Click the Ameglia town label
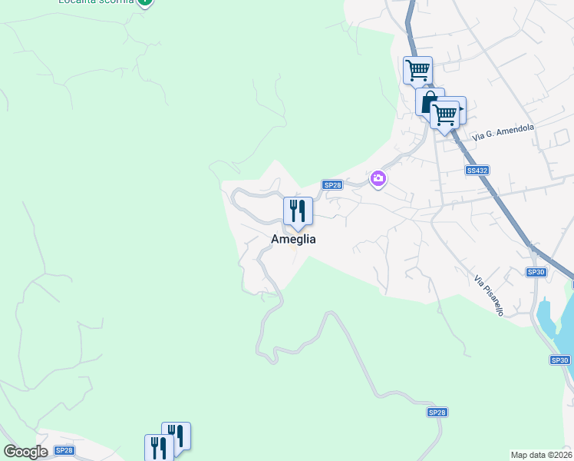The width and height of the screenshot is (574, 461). (293, 239)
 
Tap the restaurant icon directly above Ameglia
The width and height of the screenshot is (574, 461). (298, 211)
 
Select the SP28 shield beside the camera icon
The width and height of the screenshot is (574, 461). (332, 184)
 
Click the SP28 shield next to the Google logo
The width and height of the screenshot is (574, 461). (64, 451)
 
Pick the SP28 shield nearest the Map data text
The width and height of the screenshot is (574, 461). (436, 413)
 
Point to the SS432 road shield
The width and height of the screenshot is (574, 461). (477, 170)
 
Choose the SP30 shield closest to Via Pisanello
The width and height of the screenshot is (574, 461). (536, 272)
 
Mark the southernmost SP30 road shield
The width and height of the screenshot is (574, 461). (559, 360)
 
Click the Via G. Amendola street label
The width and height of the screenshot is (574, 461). (503, 132)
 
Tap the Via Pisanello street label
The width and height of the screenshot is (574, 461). (489, 296)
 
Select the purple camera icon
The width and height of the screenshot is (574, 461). (378, 179)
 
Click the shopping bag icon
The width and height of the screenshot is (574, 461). (427, 101)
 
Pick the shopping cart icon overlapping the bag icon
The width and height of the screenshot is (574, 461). (445, 114)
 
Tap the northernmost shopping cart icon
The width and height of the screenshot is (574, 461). (417, 70)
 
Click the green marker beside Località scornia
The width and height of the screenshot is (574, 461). (144, 2)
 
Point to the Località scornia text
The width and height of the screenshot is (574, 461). (95, 2)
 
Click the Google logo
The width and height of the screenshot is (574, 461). (25, 452)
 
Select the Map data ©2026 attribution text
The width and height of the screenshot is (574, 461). (541, 455)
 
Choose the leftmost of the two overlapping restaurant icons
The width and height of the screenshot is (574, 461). (158, 448)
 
